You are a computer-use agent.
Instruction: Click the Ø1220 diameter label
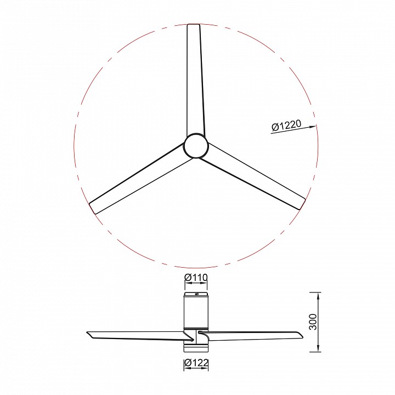(286, 125)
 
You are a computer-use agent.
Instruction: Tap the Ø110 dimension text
(196, 278)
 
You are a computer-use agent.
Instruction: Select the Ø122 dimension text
(196, 363)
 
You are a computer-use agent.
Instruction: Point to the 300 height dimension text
(313, 321)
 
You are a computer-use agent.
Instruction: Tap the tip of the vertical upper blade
(194, 25)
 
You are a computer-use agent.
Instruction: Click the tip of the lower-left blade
(92, 208)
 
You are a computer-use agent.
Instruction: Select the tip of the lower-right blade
(302, 204)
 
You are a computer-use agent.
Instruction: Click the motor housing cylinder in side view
(196, 312)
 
